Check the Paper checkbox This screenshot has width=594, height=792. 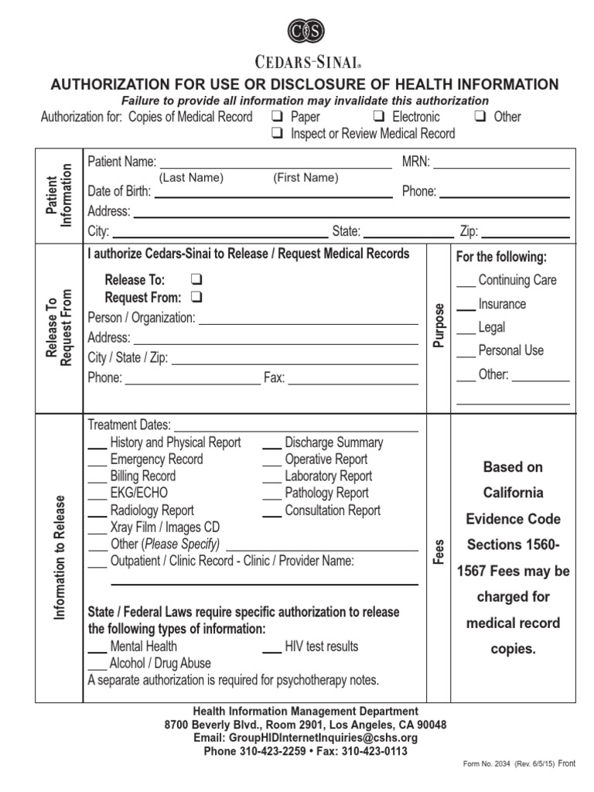click(x=276, y=117)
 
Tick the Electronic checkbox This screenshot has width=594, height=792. click(x=379, y=117)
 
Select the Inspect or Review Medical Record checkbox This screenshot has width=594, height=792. click(x=276, y=134)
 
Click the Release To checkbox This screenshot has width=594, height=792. click(x=196, y=280)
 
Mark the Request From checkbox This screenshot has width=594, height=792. click(x=196, y=298)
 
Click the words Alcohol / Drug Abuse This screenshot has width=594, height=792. click(x=160, y=664)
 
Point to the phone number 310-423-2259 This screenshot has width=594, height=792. click(x=270, y=751)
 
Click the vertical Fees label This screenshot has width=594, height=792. click(x=439, y=551)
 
